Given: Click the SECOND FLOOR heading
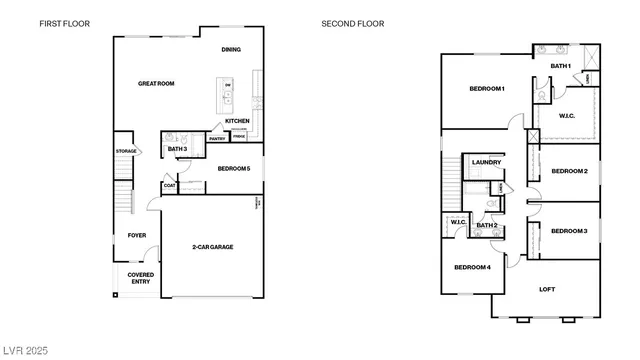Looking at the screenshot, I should [x=352, y=23].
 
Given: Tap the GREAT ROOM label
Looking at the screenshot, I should [x=156, y=84].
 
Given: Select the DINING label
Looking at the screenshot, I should [x=231, y=49].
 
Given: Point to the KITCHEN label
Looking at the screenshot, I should [x=237, y=121].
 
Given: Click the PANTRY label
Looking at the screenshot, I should [x=217, y=138].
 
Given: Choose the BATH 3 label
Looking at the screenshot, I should [x=178, y=149].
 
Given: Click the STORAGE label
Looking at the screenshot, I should [x=126, y=151].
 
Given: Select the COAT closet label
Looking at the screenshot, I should [x=169, y=185].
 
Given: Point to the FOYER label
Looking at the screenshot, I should [x=136, y=235].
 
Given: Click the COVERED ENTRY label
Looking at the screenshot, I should [x=140, y=277].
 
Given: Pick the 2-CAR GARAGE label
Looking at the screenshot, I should [x=213, y=246].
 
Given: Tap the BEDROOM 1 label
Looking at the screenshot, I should [x=487, y=89].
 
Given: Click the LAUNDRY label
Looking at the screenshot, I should [x=486, y=162].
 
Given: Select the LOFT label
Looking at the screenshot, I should [x=547, y=290].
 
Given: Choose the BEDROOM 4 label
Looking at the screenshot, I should [x=472, y=267].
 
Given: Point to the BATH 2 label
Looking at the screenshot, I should [x=486, y=225].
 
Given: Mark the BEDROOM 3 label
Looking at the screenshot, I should [x=569, y=231].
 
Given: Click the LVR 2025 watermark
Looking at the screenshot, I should [x=25, y=351].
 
